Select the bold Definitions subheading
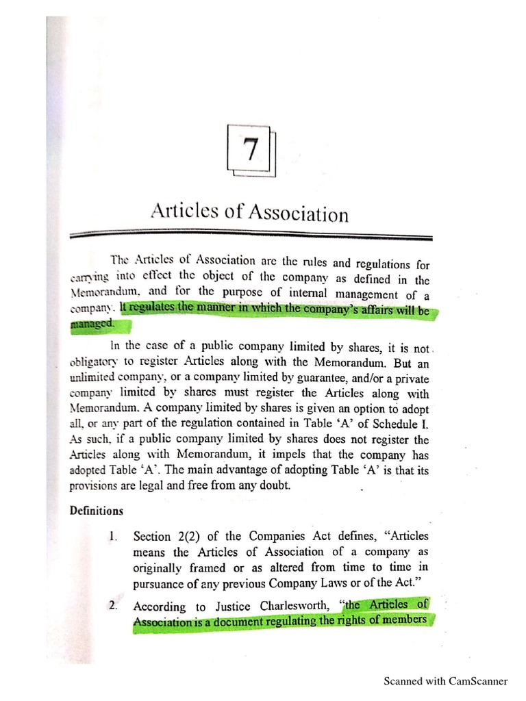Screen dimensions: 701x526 pyautogui.click(x=96, y=510)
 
